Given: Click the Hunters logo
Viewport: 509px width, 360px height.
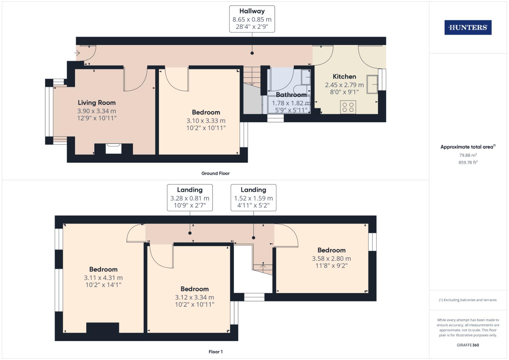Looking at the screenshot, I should tap(468, 28).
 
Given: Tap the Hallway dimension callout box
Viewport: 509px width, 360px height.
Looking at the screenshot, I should tap(252, 19).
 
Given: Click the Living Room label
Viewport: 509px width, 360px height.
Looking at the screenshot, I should tap(97, 103).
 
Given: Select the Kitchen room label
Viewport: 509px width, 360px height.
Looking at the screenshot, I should tap(344, 77).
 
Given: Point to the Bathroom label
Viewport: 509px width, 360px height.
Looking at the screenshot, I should tap(291, 95).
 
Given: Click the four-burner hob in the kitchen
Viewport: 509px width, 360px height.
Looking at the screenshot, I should tap(348, 107).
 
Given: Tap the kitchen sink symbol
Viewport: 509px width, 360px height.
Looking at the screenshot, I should tap(372, 83).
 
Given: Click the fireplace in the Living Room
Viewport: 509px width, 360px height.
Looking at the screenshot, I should tap(114, 148).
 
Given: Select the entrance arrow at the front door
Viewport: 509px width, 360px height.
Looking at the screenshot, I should tap(77, 53).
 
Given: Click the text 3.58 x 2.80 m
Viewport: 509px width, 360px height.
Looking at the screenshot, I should tap(331, 259).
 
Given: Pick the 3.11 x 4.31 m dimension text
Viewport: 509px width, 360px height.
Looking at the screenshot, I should tap(103, 278).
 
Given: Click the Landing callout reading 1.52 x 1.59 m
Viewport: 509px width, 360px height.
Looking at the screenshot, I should tap(253, 198).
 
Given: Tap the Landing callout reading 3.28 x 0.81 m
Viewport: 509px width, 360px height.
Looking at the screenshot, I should tap(190, 198).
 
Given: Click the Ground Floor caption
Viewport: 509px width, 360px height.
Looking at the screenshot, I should tap(215, 173).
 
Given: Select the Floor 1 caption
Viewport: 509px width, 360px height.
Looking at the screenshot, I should tap(215, 352).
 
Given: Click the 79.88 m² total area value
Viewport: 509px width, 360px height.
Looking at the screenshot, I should tap(468, 155).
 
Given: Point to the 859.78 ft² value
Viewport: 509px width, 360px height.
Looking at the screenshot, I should tap(468, 163).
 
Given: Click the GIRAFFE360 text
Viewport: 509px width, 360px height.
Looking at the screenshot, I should tap(468, 345).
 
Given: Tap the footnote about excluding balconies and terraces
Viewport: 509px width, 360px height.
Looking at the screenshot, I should tap(468, 300).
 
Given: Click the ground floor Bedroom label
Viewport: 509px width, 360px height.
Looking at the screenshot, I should tap(206, 112).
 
